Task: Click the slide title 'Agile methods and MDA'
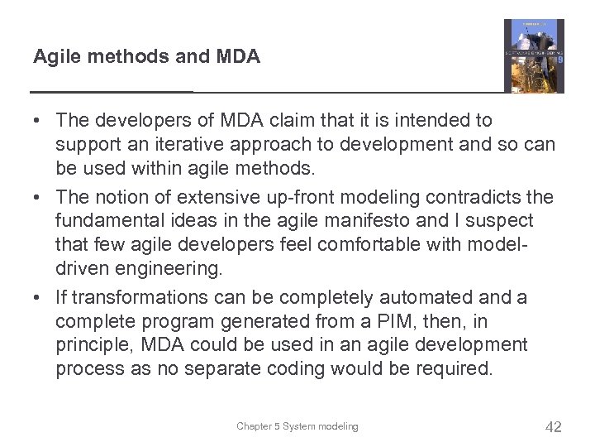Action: point(146,57)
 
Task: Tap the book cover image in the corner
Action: point(534,56)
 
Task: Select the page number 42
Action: point(554,427)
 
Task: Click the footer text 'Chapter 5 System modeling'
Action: point(297,426)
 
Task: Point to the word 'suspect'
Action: point(501,221)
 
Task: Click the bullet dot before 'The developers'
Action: point(38,121)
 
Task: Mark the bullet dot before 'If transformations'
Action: point(38,296)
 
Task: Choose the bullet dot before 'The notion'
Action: point(38,196)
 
